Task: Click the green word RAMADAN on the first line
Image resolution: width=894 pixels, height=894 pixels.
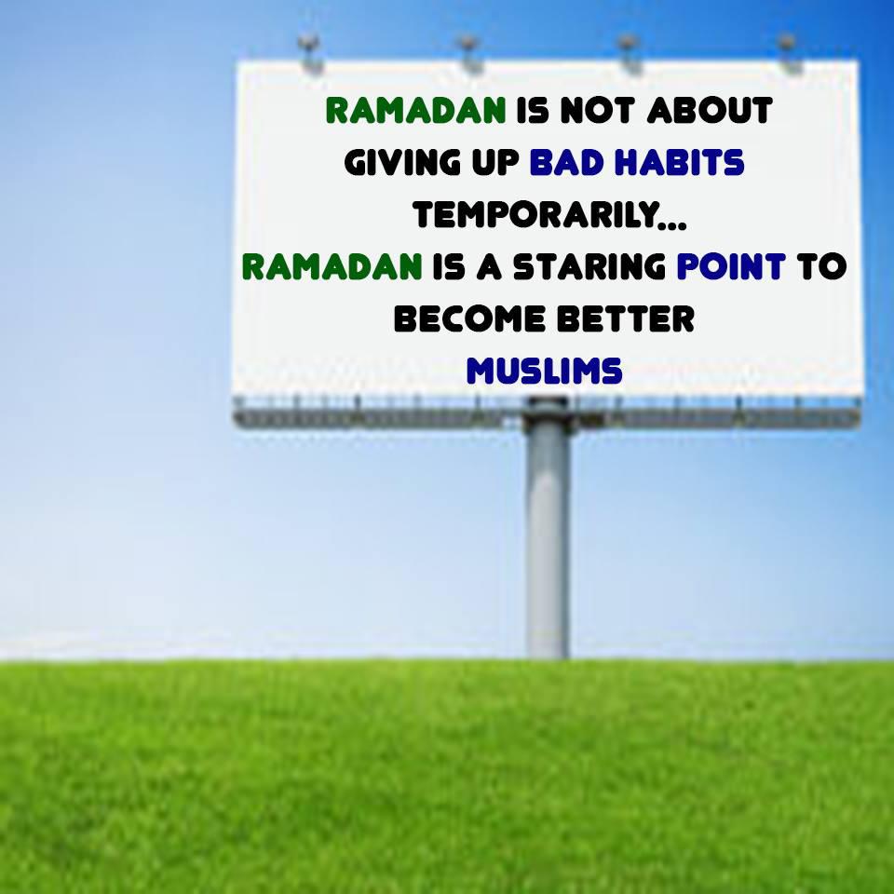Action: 415,110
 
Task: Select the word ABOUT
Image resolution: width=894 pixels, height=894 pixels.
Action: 710,110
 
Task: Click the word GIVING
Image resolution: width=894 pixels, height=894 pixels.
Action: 402,162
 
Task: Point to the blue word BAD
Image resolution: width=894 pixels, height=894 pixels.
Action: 567,162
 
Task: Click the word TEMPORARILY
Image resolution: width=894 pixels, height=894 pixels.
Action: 535,215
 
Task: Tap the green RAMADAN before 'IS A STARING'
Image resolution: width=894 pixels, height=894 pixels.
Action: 332,267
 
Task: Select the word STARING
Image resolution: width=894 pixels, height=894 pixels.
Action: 589,267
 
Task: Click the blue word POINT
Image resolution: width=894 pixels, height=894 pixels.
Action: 731,267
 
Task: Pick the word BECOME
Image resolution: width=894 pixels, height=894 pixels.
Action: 469,318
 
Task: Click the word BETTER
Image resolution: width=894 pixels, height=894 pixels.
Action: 626,318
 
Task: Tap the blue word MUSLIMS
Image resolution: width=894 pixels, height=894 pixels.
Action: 545,372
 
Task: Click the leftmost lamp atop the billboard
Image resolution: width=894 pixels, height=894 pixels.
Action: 309,52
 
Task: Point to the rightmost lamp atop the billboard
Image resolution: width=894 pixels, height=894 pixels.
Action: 789,52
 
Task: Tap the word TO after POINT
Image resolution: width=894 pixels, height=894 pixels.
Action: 821,267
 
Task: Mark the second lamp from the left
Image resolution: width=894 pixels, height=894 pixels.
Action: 468,52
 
